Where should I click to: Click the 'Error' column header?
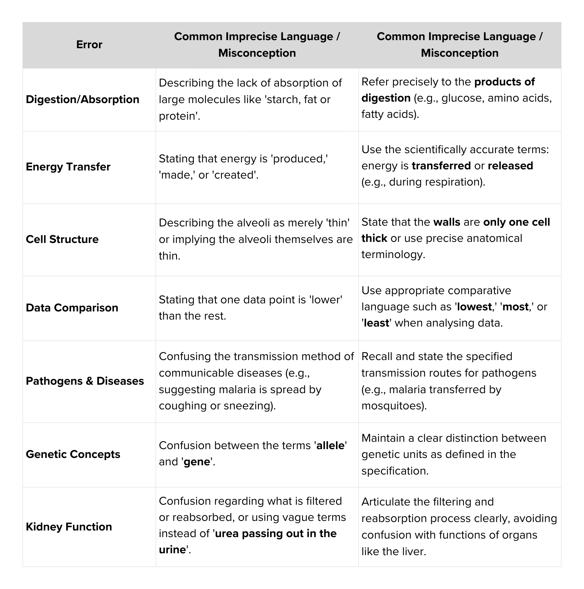coord(89,45)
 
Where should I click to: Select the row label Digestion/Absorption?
coord(82,99)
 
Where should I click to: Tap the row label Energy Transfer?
coord(68,167)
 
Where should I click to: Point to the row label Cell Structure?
coord(62,239)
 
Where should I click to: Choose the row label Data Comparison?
coord(72,308)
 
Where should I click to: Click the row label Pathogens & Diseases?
coord(85,381)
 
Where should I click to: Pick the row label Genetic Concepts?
coord(73,454)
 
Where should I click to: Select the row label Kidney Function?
coord(69,527)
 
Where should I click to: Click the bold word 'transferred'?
coord(441,166)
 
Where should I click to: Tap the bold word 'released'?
coord(510,166)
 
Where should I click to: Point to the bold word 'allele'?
coord(330,445)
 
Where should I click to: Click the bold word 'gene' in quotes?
coord(197,462)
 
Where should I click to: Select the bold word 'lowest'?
coord(474,307)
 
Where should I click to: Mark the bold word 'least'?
coord(376,323)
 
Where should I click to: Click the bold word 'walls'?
coord(447,222)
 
